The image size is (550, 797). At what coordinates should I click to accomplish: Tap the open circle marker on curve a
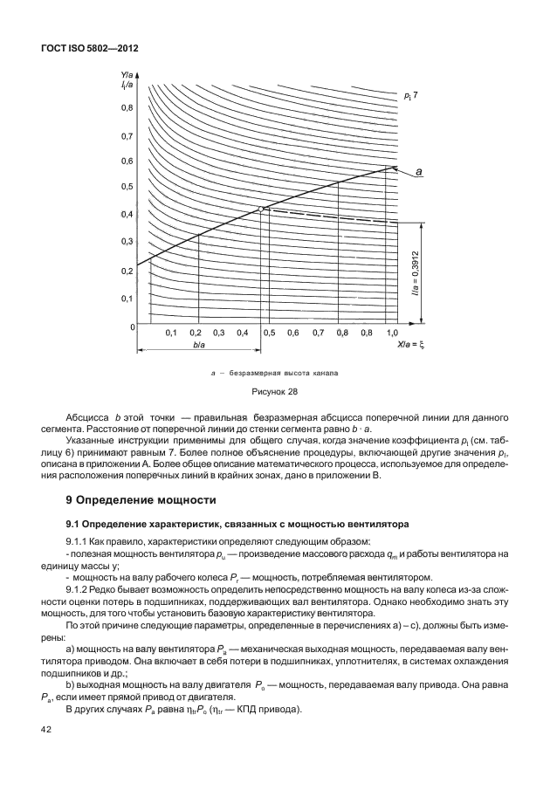[x=261, y=209]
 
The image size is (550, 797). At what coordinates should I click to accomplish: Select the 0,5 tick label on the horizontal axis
[x=269, y=333]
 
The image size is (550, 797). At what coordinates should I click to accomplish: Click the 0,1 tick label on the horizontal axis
[x=171, y=333]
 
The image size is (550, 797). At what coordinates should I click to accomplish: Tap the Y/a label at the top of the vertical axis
[x=127, y=74]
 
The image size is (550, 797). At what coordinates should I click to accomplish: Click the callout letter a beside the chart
[x=419, y=173]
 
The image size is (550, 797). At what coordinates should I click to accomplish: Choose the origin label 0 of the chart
[x=133, y=326]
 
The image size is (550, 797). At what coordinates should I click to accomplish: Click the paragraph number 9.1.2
[x=93, y=587]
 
